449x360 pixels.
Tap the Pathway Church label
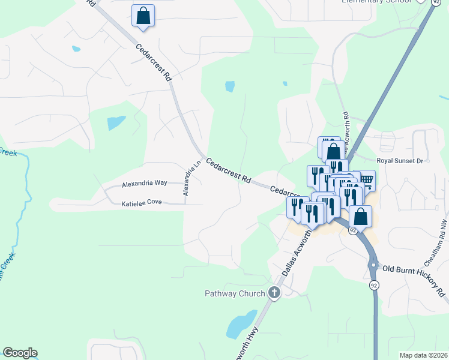point(234,293)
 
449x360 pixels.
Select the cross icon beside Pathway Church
point(274,293)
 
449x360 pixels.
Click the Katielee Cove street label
point(142,203)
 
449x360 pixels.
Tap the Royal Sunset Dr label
point(400,161)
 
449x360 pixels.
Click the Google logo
point(20,353)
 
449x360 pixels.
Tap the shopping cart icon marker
point(366,179)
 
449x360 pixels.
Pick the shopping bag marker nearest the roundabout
point(360,217)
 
